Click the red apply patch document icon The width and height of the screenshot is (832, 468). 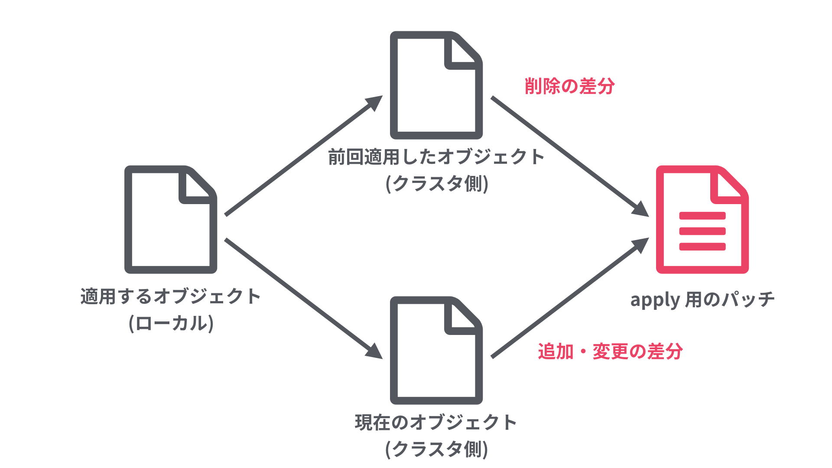coord(702,219)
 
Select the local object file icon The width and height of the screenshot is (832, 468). coord(171,219)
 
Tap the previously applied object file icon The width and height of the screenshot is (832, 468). coord(436,85)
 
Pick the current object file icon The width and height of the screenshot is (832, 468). coord(436,351)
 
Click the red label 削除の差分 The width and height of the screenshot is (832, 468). coord(569,86)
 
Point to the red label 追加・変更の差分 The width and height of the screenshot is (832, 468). coord(610,351)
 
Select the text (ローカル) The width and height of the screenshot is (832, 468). coord(171,323)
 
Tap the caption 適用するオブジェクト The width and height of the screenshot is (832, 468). coord(171,297)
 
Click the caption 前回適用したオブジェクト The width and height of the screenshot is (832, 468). coord(436,157)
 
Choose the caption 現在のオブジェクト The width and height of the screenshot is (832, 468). coord(436,422)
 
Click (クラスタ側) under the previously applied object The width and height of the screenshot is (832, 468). coord(437,184)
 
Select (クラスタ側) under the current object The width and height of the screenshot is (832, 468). coord(437,449)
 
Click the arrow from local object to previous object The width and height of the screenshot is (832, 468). coord(303,156)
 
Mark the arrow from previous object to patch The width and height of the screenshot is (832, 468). coord(569,156)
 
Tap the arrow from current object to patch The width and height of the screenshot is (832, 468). coord(569,298)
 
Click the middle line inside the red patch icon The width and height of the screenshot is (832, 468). coord(702,231)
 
